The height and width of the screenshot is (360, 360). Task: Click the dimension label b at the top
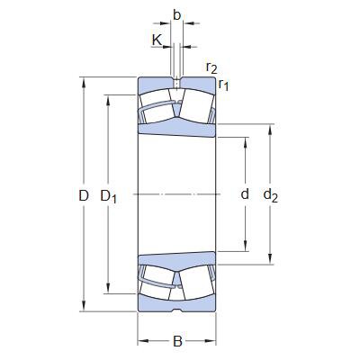(177, 15)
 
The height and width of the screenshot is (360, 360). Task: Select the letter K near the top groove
(157, 40)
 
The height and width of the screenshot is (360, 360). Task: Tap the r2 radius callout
(211, 68)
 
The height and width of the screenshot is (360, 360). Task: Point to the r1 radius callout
(224, 85)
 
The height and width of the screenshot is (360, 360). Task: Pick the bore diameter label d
(244, 195)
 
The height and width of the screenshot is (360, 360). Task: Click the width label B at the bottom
(177, 342)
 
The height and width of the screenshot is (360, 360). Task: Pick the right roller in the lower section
(194, 280)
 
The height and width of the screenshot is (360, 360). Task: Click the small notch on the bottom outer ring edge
(177, 311)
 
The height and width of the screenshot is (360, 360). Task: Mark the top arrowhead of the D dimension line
(84, 82)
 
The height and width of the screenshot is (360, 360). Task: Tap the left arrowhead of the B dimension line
(140, 341)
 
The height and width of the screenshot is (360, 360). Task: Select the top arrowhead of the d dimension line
(245, 139)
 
